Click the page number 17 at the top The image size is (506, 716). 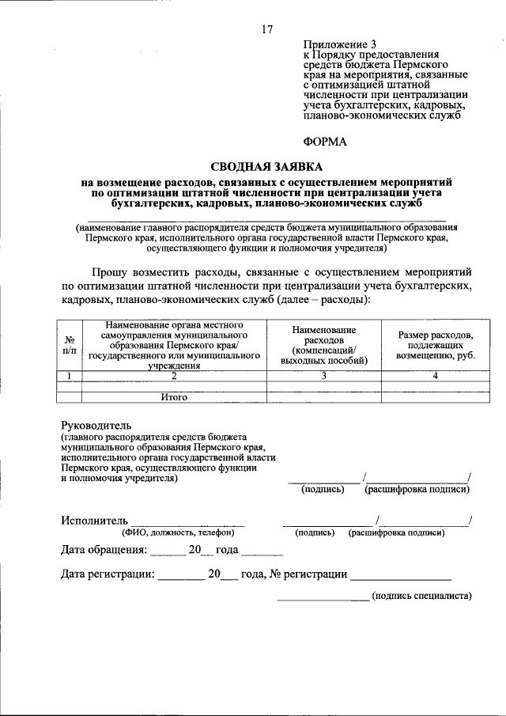coord(266,30)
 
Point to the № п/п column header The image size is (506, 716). coord(70,345)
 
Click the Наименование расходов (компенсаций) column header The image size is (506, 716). coord(323,345)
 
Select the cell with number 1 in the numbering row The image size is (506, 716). coord(70,375)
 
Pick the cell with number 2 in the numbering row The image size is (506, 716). coord(174,375)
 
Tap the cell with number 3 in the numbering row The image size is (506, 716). coord(323,375)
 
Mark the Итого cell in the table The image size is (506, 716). coord(174,397)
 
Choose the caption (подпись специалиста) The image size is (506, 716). coord(421,596)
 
